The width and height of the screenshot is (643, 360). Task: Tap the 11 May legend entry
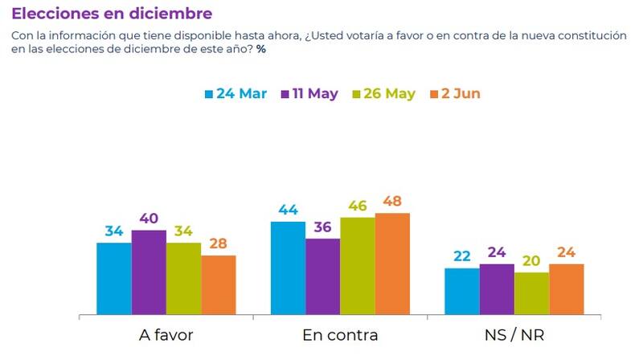(309, 94)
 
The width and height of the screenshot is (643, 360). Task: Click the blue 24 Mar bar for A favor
(113, 278)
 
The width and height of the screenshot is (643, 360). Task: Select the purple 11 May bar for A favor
(149, 272)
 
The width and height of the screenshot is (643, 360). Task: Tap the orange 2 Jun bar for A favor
(218, 284)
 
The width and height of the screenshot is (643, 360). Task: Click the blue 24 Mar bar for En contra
(288, 268)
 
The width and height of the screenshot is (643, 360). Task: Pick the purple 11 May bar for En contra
(322, 276)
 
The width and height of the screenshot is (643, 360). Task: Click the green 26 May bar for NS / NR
(531, 293)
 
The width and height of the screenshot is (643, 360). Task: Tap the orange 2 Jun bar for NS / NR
(566, 288)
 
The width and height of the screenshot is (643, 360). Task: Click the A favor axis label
(166, 334)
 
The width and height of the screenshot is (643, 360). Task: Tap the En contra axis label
(340, 334)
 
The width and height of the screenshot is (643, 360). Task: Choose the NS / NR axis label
(514, 334)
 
